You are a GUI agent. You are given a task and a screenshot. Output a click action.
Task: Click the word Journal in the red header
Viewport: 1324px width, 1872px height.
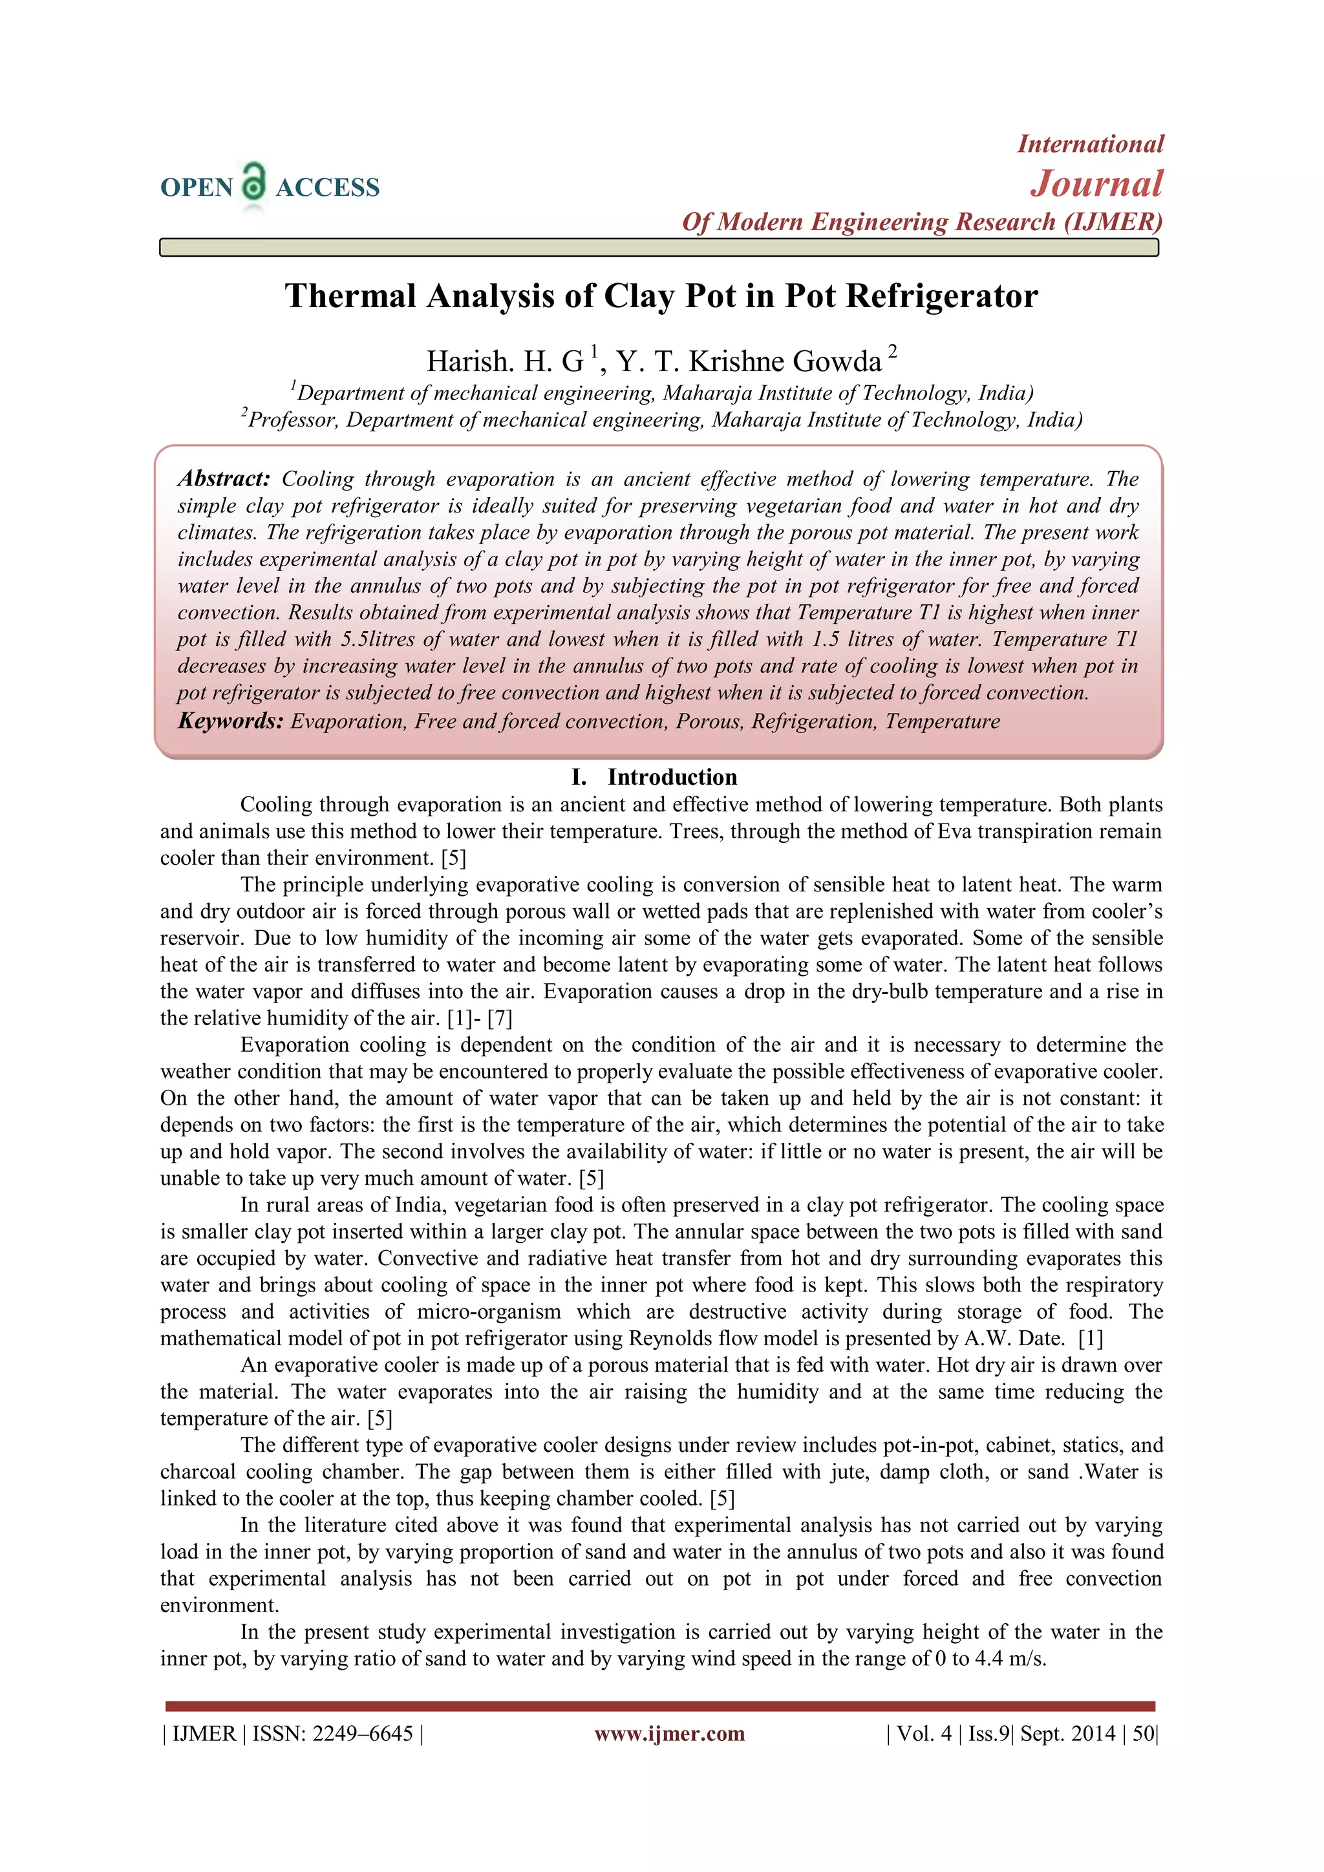[1096, 184]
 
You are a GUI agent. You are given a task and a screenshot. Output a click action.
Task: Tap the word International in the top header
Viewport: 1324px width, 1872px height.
[1090, 144]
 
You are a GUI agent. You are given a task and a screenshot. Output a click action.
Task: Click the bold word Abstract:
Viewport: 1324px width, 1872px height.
[224, 478]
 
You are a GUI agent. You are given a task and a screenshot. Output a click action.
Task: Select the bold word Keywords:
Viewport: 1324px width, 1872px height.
[231, 721]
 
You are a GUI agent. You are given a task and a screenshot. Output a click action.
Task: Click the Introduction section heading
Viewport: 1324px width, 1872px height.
[672, 777]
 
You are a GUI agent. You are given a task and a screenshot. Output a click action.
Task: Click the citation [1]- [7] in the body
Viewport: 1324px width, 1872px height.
[480, 1018]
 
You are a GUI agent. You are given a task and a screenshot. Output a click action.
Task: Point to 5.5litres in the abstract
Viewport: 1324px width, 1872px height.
[378, 639]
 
